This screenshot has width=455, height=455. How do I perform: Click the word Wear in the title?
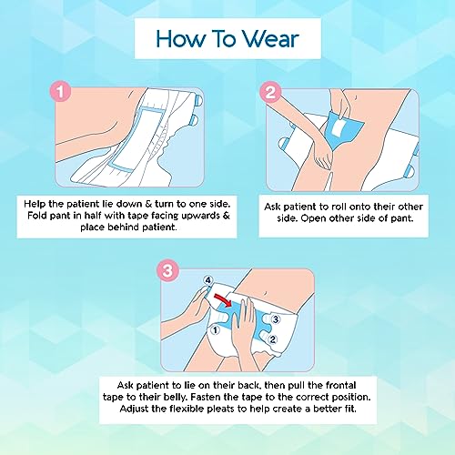(270, 39)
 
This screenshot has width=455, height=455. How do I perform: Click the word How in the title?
(179, 39)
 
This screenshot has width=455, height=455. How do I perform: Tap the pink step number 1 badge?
(60, 92)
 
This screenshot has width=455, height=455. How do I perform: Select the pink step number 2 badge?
(270, 92)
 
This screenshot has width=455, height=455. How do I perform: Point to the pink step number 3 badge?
(167, 270)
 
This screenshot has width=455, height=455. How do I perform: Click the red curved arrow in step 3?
(223, 299)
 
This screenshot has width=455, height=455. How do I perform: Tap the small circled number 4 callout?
(208, 280)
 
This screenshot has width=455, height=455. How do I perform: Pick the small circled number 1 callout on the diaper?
(216, 330)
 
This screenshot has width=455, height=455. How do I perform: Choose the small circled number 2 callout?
(273, 339)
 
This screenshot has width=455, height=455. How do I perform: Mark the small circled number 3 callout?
(275, 319)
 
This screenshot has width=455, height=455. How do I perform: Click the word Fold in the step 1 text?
(35, 216)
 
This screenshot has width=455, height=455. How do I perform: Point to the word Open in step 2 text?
(313, 219)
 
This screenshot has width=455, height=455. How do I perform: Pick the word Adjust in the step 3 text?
(134, 409)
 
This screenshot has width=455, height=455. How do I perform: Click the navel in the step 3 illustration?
(266, 293)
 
